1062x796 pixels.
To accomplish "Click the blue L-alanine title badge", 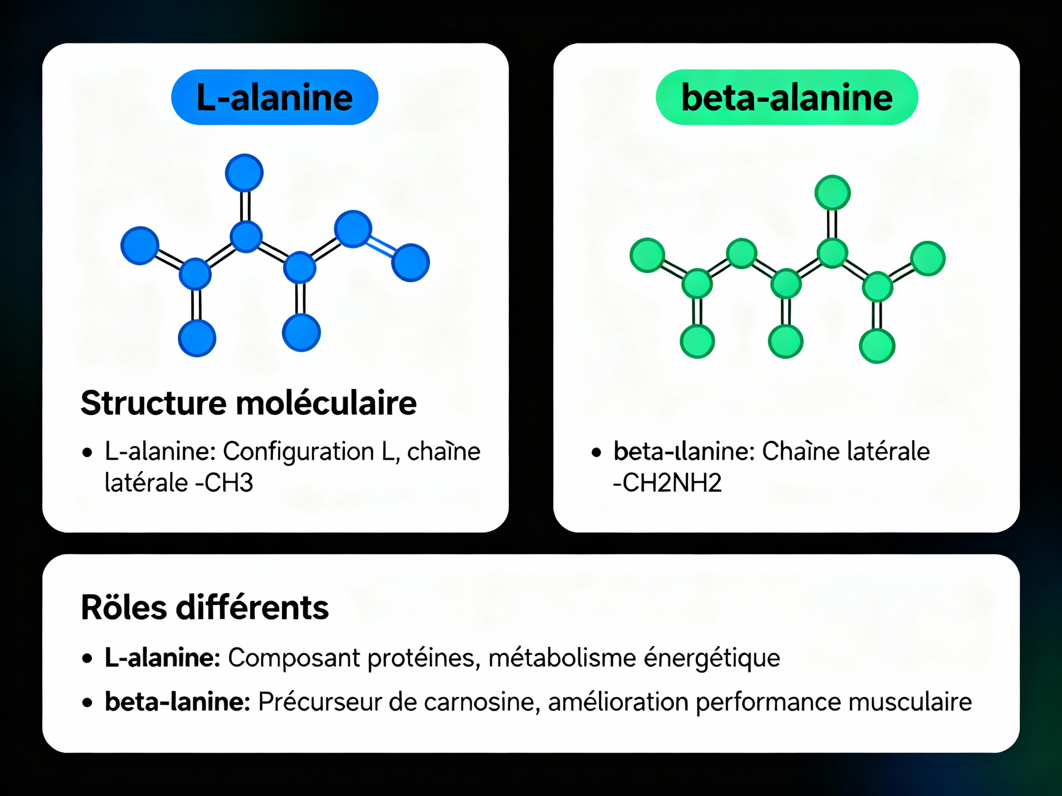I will tap(274, 97).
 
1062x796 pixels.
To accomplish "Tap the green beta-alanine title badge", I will tap(786, 97).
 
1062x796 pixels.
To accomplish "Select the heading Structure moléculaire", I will tap(248, 403).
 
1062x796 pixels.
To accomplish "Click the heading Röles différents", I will tap(205, 608).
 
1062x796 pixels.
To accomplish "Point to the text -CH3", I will tap(224, 483).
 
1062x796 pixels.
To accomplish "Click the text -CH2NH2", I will tap(667, 483).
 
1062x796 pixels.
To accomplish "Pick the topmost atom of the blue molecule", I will tap(244, 173).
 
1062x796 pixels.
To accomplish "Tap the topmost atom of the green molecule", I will tap(832, 193).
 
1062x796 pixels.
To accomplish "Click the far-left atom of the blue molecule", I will tap(140, 246).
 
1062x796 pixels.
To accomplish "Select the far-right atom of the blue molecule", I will tap(411, 263).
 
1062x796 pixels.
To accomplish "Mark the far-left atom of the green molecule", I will tap(647, 255).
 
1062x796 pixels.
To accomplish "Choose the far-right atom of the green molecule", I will tap(927, 258).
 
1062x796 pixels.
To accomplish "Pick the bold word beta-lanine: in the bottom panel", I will tap(177, 702).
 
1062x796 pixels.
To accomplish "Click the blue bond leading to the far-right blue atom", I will tap(382, 245).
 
